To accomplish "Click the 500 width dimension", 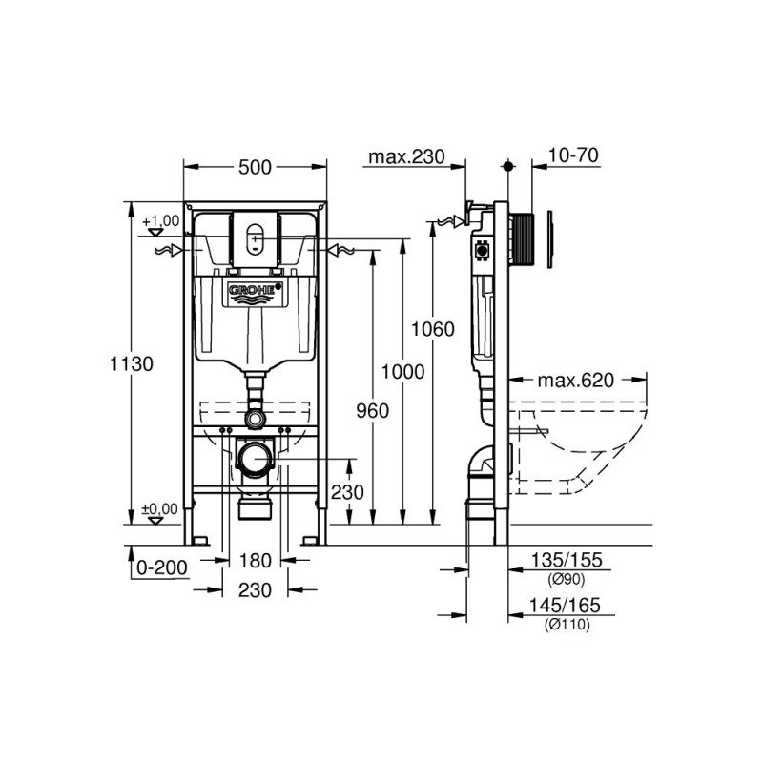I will tap(253, 167).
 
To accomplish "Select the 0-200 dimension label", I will tap(162, 567).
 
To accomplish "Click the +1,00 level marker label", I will tap(161, 221).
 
